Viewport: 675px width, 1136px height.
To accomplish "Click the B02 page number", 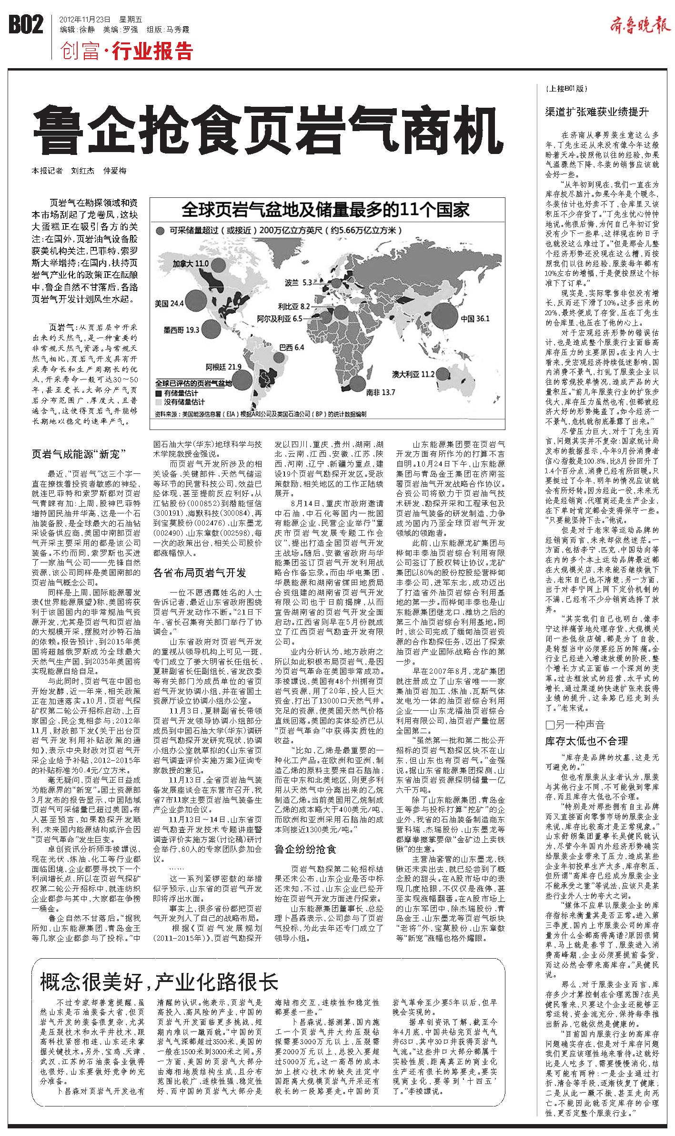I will click(26, 25).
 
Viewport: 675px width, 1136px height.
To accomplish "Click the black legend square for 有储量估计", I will click(158, 393).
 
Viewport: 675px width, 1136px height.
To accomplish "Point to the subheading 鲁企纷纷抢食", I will click(305, 849).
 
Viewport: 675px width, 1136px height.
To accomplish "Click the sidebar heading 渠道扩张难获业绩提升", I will click(597, 113).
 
